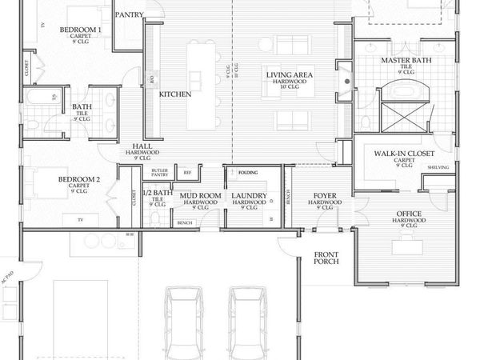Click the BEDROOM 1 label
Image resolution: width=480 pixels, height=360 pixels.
[x=80, y=30]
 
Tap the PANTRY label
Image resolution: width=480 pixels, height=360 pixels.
[x=130, y=14]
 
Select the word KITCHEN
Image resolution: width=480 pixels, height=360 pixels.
[x=174, y=94]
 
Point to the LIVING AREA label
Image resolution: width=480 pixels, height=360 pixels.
[x=289, y=74]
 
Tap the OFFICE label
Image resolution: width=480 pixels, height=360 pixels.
[x=410, y=214]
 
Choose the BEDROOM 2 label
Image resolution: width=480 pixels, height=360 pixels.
[x=78, y=180]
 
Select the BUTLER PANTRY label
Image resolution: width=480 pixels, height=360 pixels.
[x=159, y=173]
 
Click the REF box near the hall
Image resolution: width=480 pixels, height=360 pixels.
[x=187, y=172]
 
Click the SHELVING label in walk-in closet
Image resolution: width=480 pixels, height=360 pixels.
[x=438, y=167]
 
